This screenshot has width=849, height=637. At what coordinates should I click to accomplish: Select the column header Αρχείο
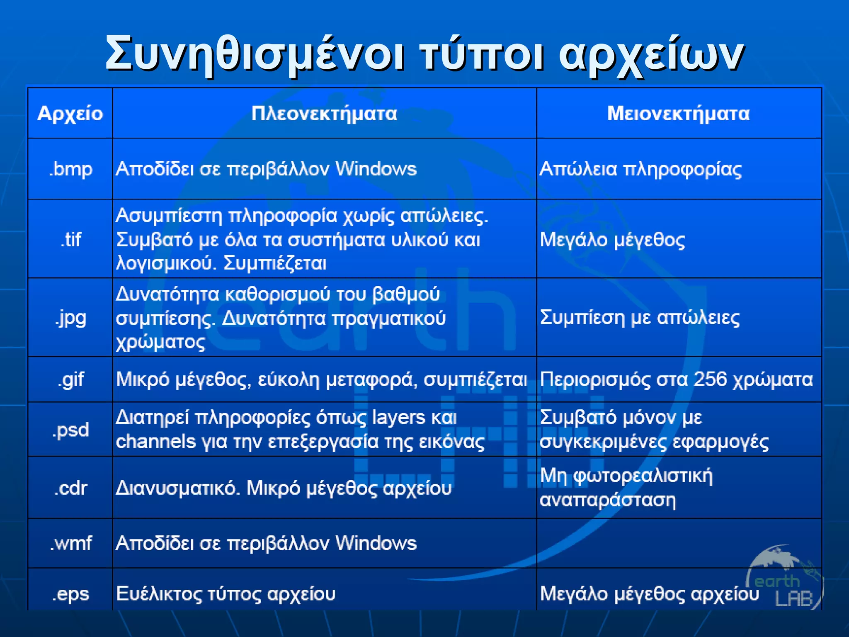click(70, 114)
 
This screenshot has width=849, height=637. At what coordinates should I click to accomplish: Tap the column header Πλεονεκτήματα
click(324, 114)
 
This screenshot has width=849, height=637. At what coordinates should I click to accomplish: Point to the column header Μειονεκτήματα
click(679, 114)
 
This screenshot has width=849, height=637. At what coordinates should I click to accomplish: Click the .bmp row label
click(70, 169)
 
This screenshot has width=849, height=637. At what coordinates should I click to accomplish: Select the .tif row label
click(70, 240)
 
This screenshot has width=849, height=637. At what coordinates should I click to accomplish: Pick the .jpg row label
click(70, 318)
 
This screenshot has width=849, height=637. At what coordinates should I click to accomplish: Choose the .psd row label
click(70, 430)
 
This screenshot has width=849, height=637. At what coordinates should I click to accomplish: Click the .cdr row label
click(70, 488)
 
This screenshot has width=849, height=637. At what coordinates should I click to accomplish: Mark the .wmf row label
click(70, 543)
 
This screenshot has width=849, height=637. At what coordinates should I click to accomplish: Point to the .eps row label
click(70, 594)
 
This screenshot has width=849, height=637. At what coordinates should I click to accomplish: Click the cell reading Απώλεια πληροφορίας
click(640, 169)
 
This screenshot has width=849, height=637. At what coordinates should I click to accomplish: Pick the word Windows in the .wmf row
click(376, 543)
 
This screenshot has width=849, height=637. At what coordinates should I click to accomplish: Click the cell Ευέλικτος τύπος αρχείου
click(226, 593)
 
